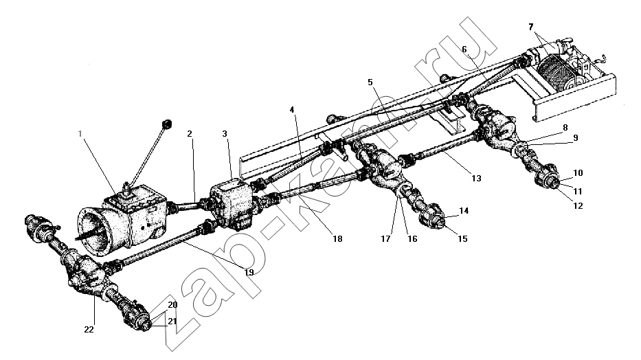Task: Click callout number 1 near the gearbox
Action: pos(80,133)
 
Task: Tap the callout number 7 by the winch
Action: pos(530,27)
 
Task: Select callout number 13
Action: pos(476,178)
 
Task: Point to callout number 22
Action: pos(89,329)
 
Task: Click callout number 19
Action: pos(249,272)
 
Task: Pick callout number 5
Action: pos(370,82)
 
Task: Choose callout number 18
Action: pos(337,238)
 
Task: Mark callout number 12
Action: pos(578,205)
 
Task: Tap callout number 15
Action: pos(462,238)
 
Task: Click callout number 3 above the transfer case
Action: pos(225,133)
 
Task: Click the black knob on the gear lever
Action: pos(167,124)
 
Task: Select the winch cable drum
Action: pos(556,73)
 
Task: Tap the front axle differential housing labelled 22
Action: pos(87,275)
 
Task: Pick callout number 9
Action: pos(576,137)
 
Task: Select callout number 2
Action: pos(190,133)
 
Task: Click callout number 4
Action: pos(292,109)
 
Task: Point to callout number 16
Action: pos(412,238)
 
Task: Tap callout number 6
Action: pos(464,49)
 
